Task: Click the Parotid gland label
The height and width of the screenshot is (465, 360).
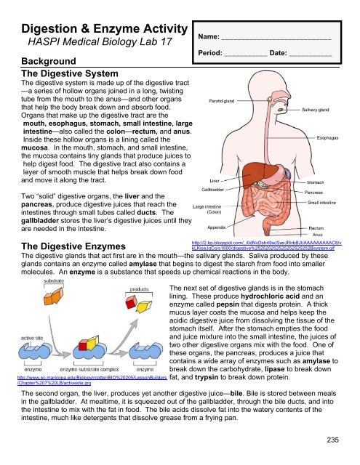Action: (220, 101)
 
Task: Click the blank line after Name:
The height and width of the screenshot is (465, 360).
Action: (276, 36)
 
